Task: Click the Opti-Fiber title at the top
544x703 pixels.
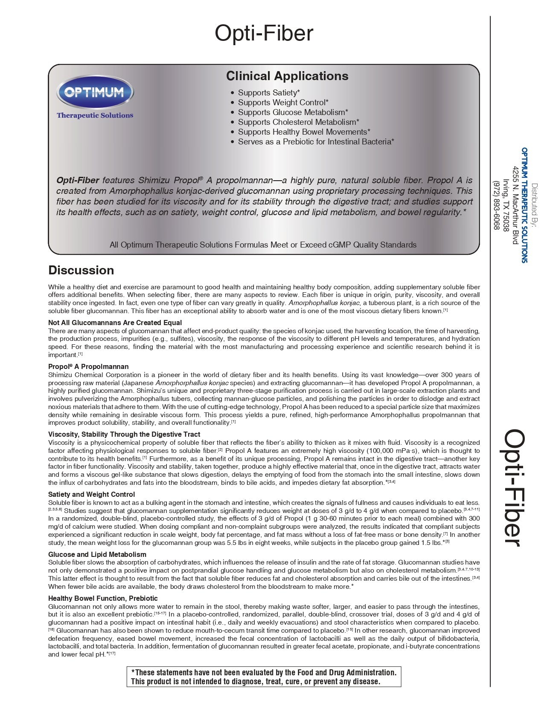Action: tap(264, 33)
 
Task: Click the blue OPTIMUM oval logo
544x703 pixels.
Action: tap(95, 92)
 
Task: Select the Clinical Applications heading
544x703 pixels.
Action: tap(287, 76)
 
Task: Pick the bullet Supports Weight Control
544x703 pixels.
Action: tap(283, 102)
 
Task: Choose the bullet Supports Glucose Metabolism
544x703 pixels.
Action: tap(293, 112)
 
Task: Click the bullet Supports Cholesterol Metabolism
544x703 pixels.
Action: tap(298, 122)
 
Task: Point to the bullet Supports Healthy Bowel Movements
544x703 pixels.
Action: tap(304, 132)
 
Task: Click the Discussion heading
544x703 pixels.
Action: tap(81, 270)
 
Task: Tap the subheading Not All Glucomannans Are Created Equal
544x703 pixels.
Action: tap(115, 323)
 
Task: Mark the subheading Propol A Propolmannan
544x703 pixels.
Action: tap(88, 366)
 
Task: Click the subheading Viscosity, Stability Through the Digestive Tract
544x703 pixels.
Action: tap(124, 434)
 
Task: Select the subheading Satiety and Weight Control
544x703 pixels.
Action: tap(91, 494)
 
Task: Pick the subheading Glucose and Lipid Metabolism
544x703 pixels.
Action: tap(97, 554)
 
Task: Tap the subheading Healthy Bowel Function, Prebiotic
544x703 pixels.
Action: tap(103, 598)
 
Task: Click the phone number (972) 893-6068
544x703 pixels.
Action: tap(496, 205)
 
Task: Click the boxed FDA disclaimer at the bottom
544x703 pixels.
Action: tap(264, 677)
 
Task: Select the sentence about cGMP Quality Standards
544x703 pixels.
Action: tap(263, 245)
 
